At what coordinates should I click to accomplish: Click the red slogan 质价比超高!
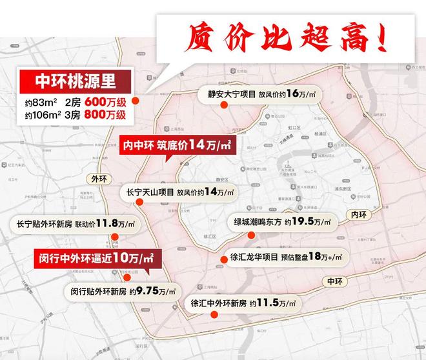coord(288,37)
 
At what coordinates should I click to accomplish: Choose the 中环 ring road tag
coord(335,281)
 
